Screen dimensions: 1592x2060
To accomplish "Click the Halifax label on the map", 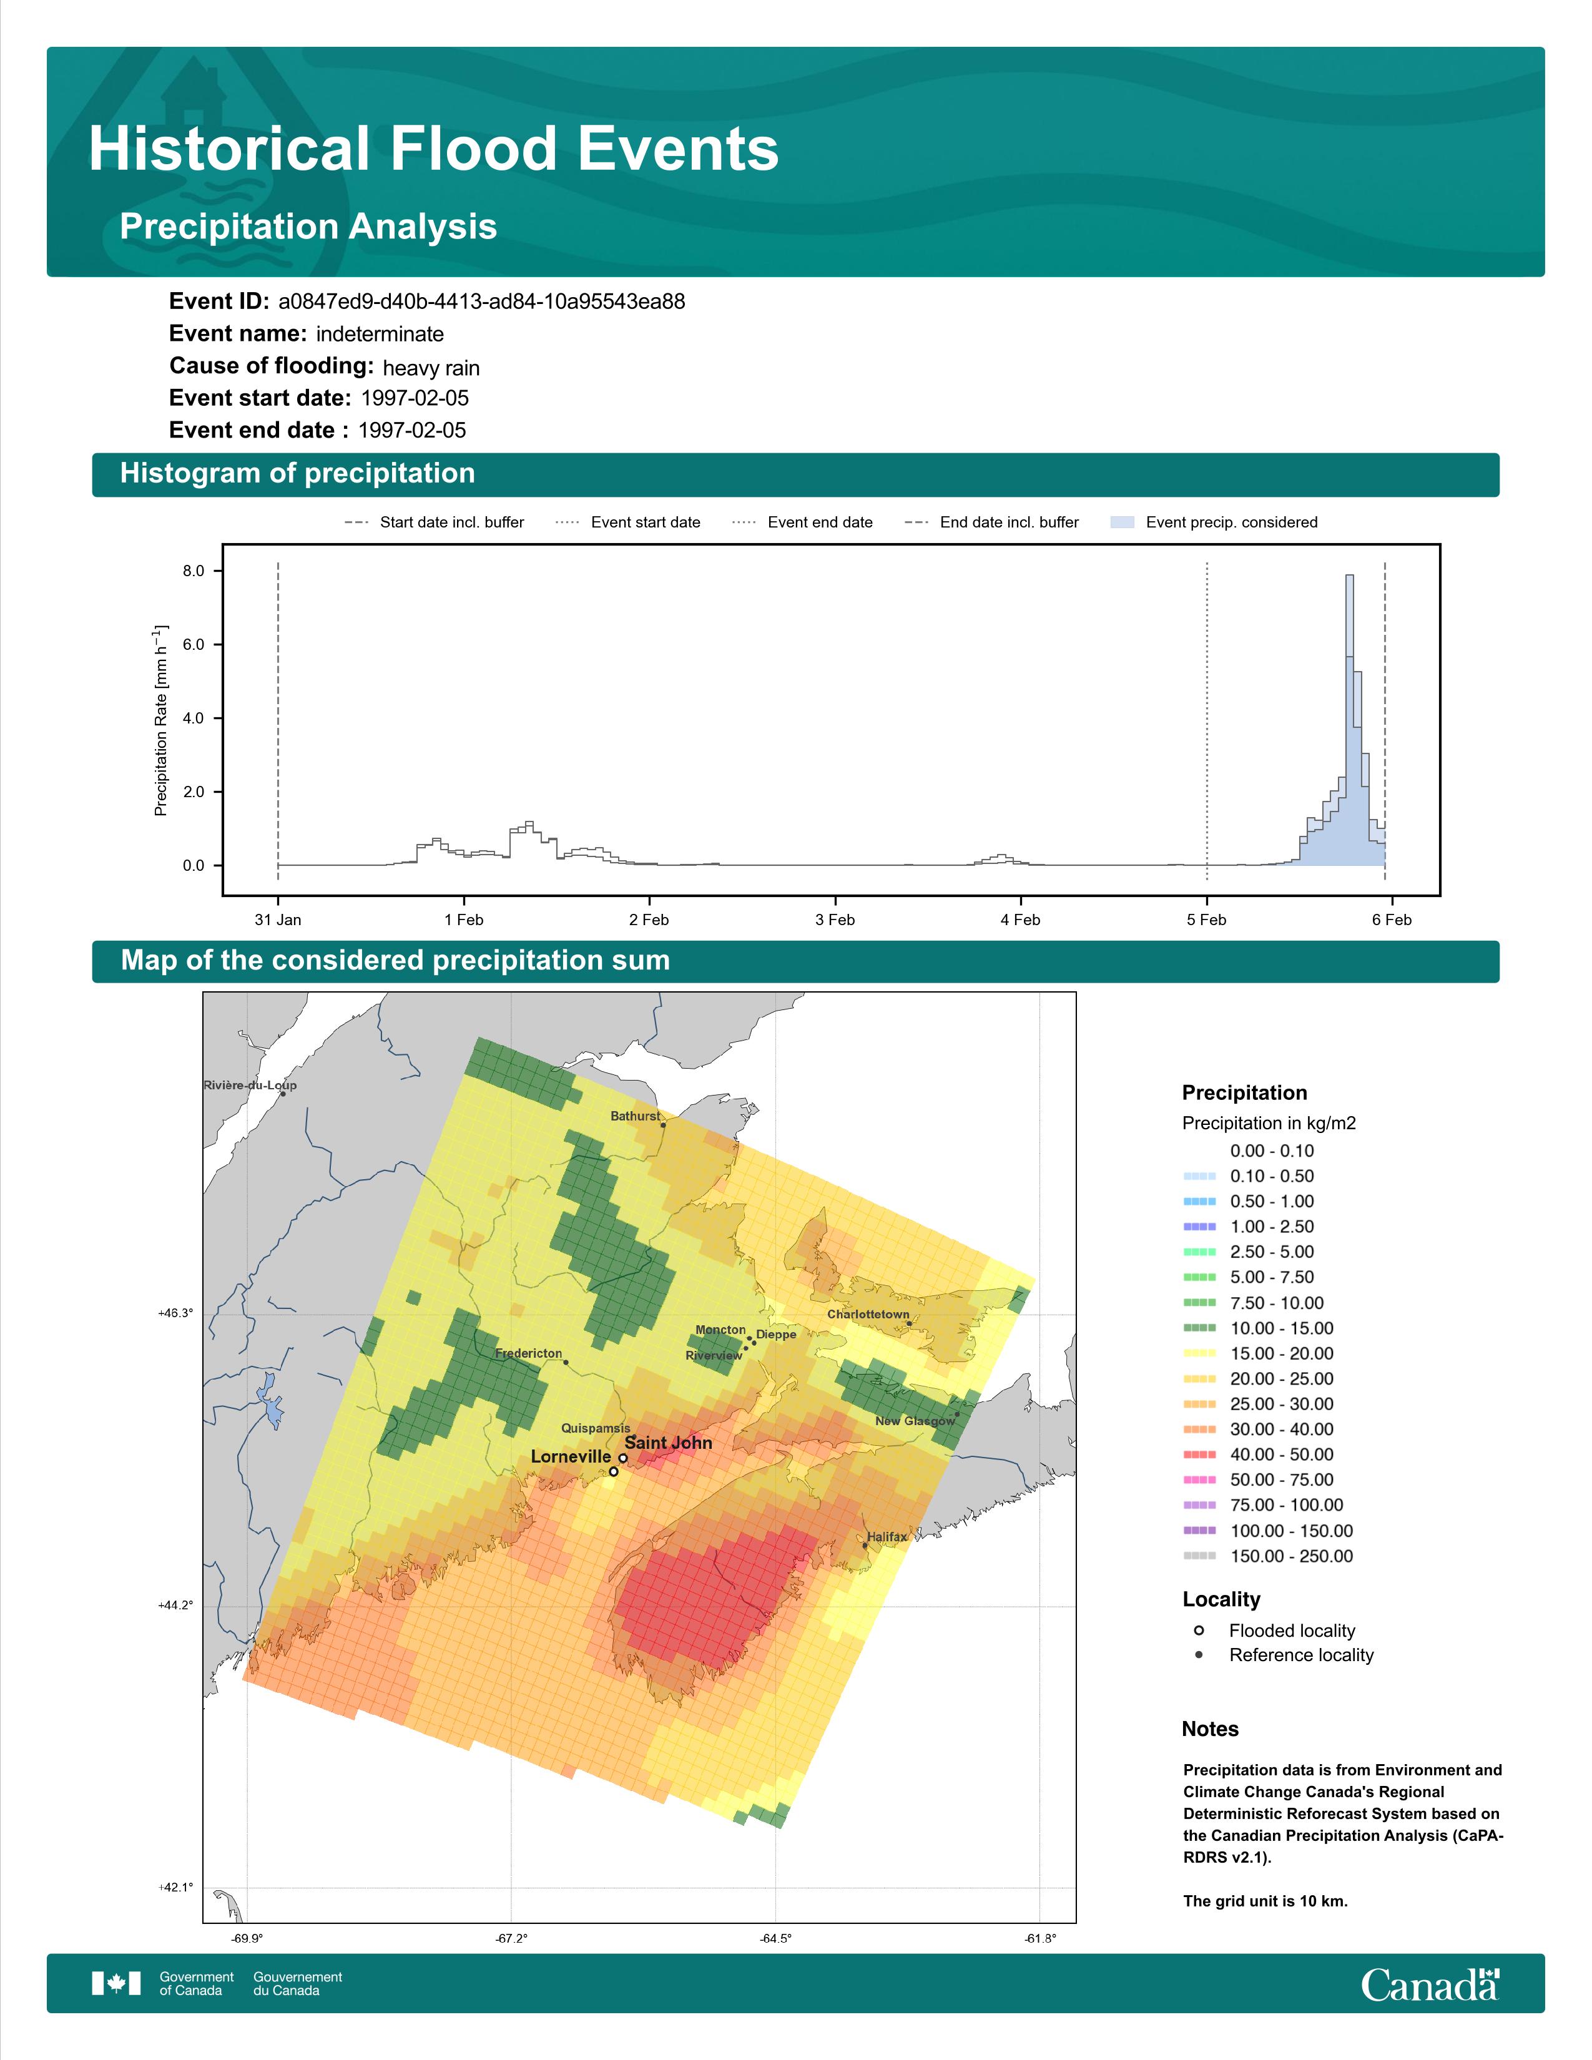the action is click(887, 1536).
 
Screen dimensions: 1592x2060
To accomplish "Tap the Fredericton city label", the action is click(528, 1353).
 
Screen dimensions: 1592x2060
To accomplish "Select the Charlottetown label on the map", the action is click(868, 1314).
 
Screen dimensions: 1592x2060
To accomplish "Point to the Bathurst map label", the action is click(636, 1116).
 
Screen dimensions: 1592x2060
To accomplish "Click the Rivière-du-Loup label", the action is click(250, 1085).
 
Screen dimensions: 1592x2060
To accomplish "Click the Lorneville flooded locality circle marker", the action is click(614, 1471).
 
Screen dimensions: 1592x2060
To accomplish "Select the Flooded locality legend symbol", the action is click(1199, 1630).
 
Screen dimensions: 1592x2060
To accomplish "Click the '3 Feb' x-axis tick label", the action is click(835, 920).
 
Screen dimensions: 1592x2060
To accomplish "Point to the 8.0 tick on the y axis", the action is click(194, 571).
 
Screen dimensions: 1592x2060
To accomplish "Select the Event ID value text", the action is click(482, 302).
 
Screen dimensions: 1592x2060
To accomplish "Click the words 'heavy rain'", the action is click(431, 368).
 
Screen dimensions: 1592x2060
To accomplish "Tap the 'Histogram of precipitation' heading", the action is click(297, 474).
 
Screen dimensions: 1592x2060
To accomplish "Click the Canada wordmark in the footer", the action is click(1430, 1984).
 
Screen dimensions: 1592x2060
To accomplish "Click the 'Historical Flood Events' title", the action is click(434, 149).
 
